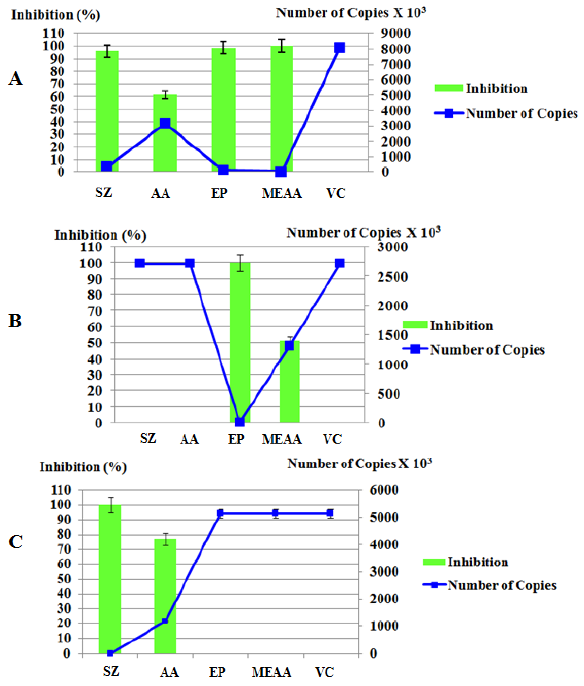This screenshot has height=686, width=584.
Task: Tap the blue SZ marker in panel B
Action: click(x=140, y=263)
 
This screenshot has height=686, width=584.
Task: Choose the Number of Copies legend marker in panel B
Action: click(x=415, y=349)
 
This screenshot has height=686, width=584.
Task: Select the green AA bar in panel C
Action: click(x=165, y=596)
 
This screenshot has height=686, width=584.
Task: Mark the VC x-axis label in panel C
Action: click(x=324, y=672)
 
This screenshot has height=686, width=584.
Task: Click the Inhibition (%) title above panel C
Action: click(x=83, y=467)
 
